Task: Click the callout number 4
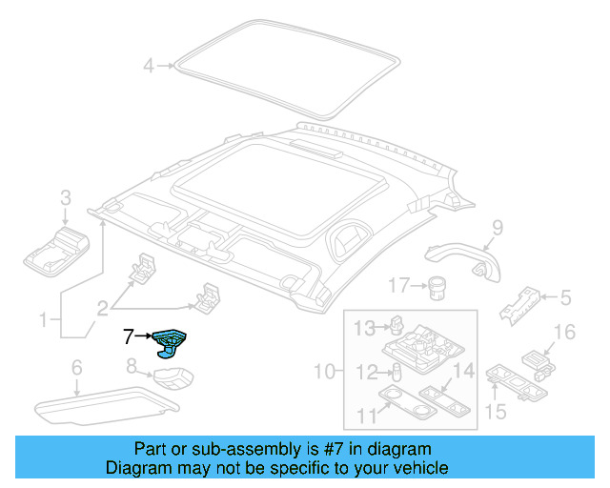click(148, 66)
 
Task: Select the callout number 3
click(66, 198)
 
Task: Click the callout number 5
click(565, 298)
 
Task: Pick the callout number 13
click(365, 329)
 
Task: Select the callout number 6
click(77, 367)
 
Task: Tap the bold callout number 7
click(129, 335)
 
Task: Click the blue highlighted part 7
click(172, 338)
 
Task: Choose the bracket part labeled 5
click(520, 303)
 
